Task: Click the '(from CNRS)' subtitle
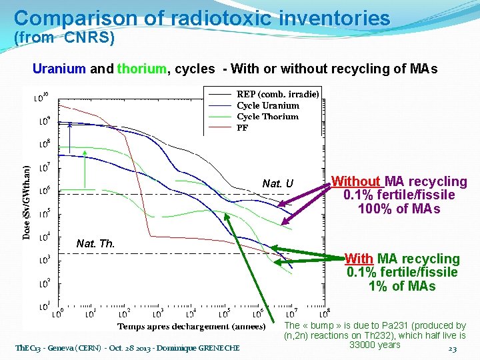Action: pyautogui.click(x=65, y=38)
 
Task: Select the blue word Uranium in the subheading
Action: pyautogui.click(x=59, y=69)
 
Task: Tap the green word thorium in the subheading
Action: pyautogui.click(x=141, y=69)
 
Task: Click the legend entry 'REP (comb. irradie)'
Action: pyautogui.click(x=277, y=94)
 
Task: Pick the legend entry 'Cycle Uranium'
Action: pyautogui.click(x=268, y=105)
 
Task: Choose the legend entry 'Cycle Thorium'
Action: pyautogui.click(x=267, y=117)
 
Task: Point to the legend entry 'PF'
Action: pyautogui.click(x=243, y=128)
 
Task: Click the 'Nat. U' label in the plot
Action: pyautogui.click(x=277, y=184)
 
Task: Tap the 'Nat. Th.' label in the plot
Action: pyautogui.click(x=96, y=244)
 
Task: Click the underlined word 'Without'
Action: pyautogui.click(x=356, y=181)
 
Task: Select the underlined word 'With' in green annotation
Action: pyautogui.click(x=359, y=259)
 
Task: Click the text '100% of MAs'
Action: pyautogui.click(x=399, y=209)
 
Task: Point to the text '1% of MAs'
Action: pyautogui.click(x=402, y=286)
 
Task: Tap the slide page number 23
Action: pyautogui.click(x=453, y=349)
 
